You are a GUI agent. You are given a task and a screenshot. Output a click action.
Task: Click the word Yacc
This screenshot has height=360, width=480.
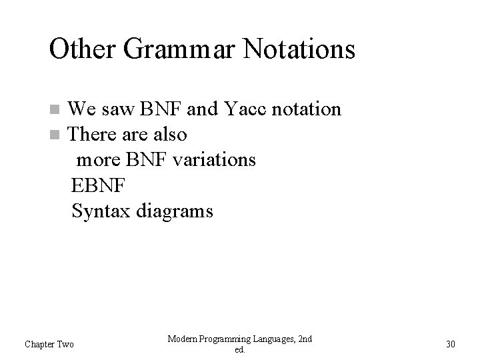(242, 109)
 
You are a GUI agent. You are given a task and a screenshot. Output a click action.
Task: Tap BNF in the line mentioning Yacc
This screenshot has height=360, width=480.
(159, 109)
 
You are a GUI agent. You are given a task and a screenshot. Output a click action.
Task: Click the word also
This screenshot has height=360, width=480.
(169, 135)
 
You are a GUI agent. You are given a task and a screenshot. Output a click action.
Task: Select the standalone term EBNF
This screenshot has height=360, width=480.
(97, 186)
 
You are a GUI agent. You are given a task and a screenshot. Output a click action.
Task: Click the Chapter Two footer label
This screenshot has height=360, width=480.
(49, 344)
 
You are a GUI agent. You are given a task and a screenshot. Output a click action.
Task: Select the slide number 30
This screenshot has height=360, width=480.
(450, 344)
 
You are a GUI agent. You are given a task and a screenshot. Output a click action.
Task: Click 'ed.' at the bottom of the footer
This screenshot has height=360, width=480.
(240, 349)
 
